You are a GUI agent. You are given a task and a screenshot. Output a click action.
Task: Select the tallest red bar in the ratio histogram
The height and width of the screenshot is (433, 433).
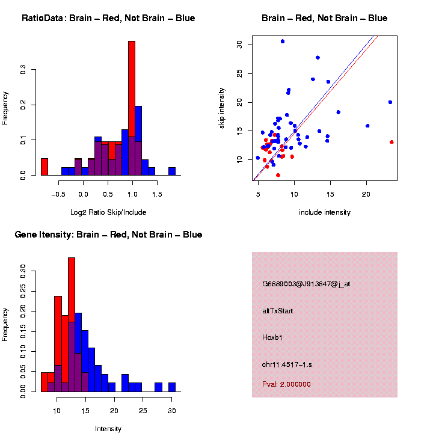[x=132, y=108]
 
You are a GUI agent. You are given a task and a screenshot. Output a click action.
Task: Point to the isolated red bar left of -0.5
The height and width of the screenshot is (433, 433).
[x=45, y=167]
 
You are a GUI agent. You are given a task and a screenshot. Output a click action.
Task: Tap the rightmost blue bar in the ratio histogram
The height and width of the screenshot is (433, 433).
[x=172, y=171]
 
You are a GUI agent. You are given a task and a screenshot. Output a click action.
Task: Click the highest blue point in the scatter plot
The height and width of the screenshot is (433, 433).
[x=283, y=41]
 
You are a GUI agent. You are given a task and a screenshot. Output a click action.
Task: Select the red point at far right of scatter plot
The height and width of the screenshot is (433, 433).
[x=392, y=142]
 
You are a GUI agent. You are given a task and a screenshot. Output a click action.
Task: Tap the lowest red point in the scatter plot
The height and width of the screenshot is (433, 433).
[x=278, y=175]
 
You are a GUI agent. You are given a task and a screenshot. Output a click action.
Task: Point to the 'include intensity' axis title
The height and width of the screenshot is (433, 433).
[x=325, y=212]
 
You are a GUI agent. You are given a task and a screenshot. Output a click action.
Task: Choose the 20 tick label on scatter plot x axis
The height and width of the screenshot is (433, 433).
[x=366, y=194]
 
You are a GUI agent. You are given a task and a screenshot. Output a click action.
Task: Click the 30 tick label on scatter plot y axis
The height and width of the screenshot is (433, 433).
[x=240, y=45]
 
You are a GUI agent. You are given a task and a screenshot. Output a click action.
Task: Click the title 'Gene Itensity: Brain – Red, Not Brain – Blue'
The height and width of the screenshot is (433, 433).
[x=108, y=235]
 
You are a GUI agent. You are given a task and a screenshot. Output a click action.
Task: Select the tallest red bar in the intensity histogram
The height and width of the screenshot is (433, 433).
[x=72, y=325]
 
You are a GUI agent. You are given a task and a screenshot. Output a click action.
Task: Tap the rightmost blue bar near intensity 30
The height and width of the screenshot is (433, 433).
[x=172, y=387]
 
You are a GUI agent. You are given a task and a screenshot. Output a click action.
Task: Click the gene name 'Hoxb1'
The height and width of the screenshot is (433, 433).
[x=272, y=337]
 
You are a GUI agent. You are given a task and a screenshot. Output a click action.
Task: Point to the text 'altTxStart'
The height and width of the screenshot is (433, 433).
[x=277, y=311]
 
